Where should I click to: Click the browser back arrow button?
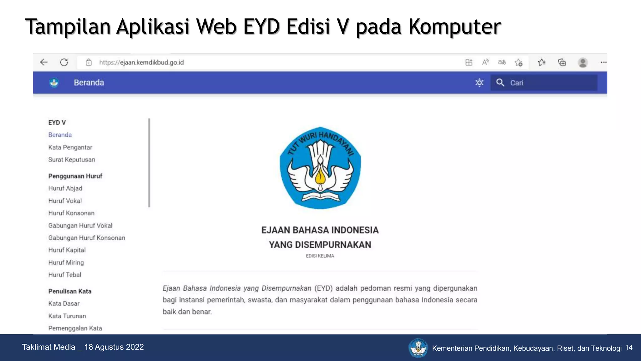click(x=44, y=62)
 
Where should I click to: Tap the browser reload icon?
click(x=64, y=62)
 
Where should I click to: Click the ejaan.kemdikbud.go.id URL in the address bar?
click(x=141, y=62)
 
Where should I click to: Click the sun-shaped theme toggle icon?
click(x=479, y=83)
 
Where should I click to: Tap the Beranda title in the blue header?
click(x=89, y=83)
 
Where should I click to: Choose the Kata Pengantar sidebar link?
click(x=70, y=147)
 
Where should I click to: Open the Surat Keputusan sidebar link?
click(x=72, y=160)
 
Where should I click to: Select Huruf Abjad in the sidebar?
click(x=65, y=188)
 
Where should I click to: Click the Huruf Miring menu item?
click(x=66, y=263)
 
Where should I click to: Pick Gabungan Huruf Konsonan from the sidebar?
click(x=87, y=238)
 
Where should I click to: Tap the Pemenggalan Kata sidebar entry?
click(x=75, y=328)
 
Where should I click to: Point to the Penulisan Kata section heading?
click(x=70, y=291)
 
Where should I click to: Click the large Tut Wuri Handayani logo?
click(x=320, y=168)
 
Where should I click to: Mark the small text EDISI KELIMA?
click(x=320, y=256)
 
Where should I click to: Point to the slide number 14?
click(x=629, y=348)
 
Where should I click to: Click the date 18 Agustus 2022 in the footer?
click(x=114, y=347)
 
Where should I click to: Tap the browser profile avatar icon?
click(x=582, y=62)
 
